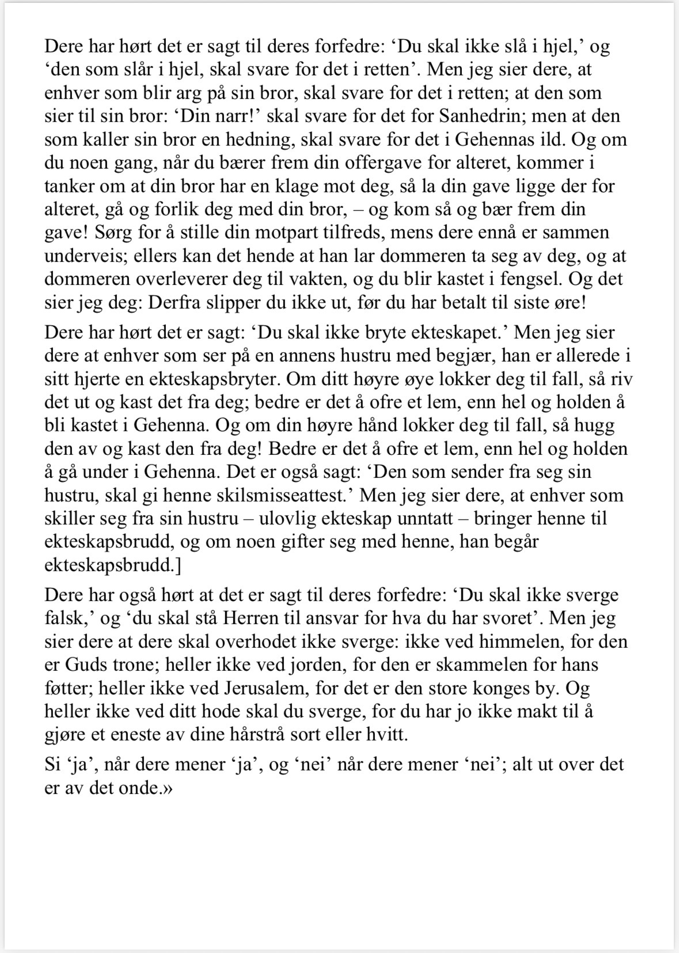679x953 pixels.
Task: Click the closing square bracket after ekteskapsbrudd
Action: pyautogui.click(x=177, y=565)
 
